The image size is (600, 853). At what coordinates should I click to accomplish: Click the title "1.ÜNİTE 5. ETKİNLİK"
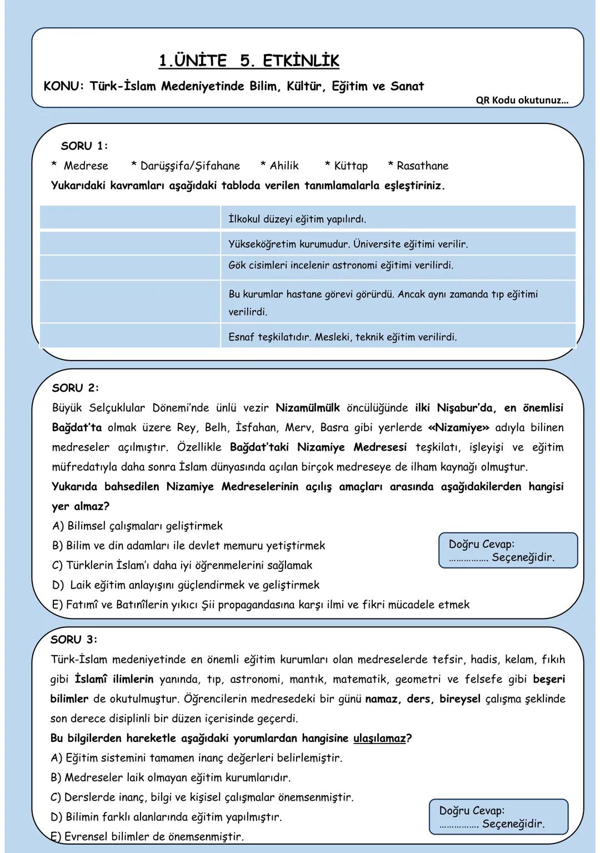point(248,61)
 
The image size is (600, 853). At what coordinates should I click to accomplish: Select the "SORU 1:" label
point(84,146)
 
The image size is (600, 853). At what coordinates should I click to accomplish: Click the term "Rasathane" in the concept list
point(422,166)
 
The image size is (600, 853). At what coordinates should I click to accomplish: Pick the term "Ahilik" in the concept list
point(284,166)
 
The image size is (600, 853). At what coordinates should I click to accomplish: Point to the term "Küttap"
point(351,166)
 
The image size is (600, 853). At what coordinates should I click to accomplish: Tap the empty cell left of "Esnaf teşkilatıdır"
point(130,337)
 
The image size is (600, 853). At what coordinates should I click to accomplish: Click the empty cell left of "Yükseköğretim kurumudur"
point(130,243)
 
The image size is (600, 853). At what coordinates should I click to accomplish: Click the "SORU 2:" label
point(75,388)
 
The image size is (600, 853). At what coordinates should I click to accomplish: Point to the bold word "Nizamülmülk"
point(307,408)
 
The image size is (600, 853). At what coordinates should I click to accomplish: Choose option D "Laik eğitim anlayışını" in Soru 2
point(186,585)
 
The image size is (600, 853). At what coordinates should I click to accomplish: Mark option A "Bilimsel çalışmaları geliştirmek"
point(137,526)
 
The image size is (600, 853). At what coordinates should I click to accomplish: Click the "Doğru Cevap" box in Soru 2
point(507,551)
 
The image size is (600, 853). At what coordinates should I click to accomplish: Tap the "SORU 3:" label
point(74,640)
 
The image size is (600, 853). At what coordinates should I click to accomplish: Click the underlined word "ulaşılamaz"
point(379,738)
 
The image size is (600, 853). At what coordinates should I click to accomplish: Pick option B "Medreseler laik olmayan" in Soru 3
point(171,777)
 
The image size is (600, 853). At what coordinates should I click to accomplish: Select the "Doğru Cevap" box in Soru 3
point(498,817)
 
